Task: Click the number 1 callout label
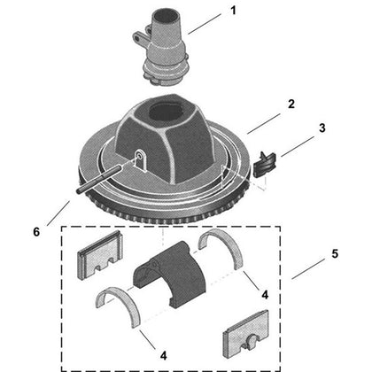[233, 11]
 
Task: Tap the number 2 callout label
[291, 104]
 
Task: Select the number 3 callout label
[322, 128]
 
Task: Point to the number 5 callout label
[335, 253]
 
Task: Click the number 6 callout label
[36, 232]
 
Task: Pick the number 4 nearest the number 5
[265, 294]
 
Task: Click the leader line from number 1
[205, 24]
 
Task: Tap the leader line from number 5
[308, 269]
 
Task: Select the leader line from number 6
[58, 213]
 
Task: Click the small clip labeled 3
[264, 164]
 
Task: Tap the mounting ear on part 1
[140, 38]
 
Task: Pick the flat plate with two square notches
[99, 254]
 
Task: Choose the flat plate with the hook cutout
[246, 333]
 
